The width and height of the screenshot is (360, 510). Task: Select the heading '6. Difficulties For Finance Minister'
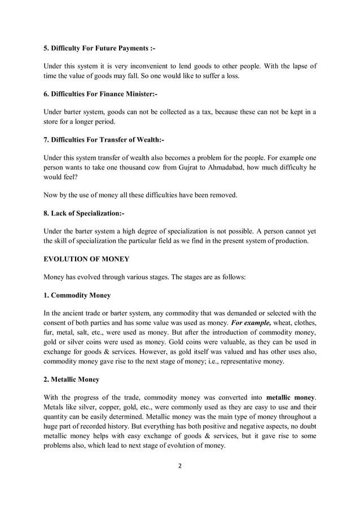pos(100,94)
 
